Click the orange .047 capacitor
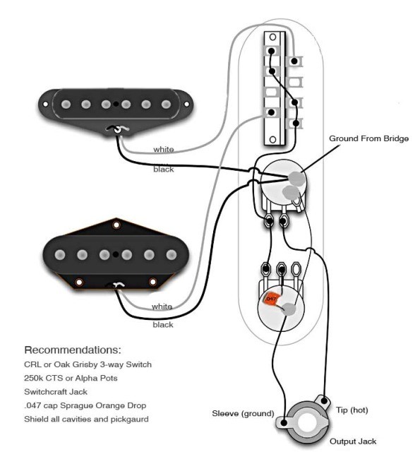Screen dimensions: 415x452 [272, 299]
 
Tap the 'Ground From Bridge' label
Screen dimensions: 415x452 [368, 138]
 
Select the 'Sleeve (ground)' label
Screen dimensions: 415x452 [243, 414]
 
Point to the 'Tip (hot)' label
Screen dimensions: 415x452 [352, 410]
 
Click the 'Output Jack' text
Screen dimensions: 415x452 [353, 441]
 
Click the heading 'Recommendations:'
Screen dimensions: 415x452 [73, 350]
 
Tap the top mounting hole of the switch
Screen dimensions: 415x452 [272, 37]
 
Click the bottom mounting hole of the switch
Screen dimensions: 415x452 [272, 140]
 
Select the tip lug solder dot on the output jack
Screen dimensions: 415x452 [324, 400]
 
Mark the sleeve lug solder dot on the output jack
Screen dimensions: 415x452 [284, 423]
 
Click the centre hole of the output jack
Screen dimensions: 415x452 [306, 422]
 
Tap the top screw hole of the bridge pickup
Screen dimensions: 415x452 [116, 225]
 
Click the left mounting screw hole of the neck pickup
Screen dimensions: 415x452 [45, 104]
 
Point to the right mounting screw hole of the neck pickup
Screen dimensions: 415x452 [186, 104]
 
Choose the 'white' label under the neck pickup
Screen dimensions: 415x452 [164, 149]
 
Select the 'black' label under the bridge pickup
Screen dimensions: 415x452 [163, 325]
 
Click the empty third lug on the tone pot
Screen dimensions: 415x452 [296, 269]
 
